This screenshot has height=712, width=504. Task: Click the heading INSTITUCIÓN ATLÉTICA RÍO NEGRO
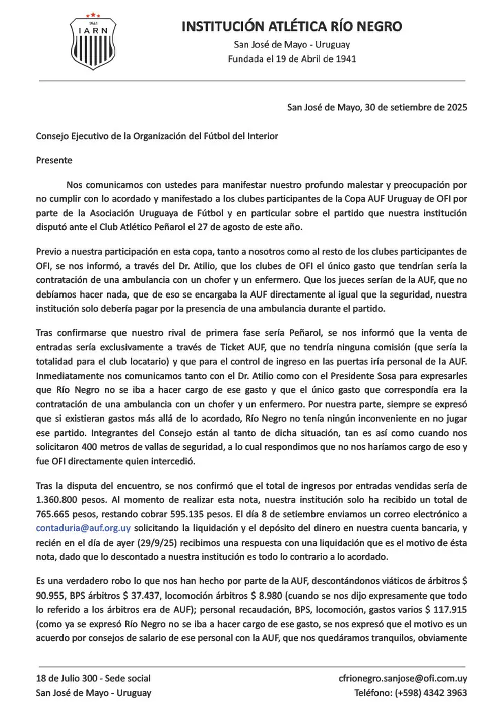tap(292, 27)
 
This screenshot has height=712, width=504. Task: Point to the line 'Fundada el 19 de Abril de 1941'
tap(292, 59)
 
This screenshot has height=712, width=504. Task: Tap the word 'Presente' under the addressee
tap(54, 160)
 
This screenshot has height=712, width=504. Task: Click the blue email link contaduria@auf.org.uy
tap(83, 528)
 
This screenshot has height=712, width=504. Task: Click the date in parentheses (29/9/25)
tap(154, 543)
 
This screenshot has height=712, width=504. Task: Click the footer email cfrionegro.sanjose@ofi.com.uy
tap(403, 678)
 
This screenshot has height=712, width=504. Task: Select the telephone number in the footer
tap(431, 693)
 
